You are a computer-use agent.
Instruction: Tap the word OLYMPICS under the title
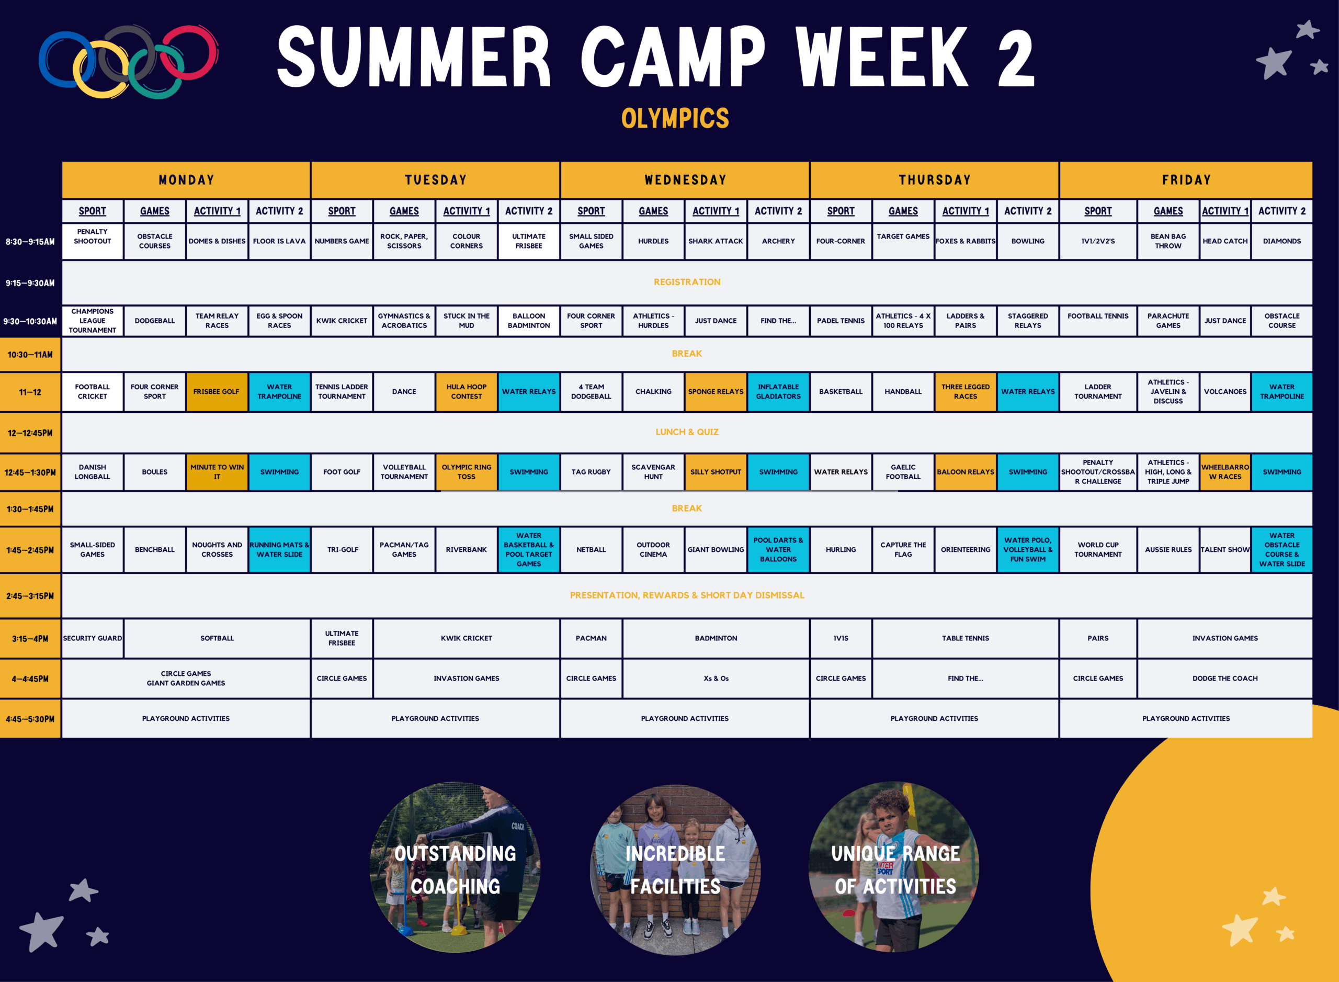pyautogui.click(x=675, y=118)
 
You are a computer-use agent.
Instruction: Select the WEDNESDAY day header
pyautogui.click(x=685, y=180)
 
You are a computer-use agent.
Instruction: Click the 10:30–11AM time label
pyautogui.click(x=30, y=355)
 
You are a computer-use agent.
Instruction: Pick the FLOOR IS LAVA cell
pyautogui.click(x=279, y=241)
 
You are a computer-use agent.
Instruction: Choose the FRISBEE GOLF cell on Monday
pyautogui.click(x=217, y=392)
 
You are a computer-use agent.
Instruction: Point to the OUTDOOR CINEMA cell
pyautogui.click(x=653, y=550)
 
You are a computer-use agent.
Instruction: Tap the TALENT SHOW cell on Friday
pyautogui.click(x=1225, y=550)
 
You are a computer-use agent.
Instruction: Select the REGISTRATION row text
pyautogui.click(x=687, y=282)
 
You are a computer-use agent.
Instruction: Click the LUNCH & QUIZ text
pyautogui.click(x=687, y=432)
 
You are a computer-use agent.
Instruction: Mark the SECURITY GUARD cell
pyautogui.click(x=92, y=638)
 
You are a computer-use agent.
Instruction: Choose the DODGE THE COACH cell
pyautogui.click(x=1225, y=678)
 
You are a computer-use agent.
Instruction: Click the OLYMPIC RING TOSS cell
pyautogui.click(x=467, y=472)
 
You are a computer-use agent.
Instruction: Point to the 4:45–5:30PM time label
pyautogui.click(x=30, y=719)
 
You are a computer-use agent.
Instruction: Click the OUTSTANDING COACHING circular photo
pyautogui.click(x=455, y=868)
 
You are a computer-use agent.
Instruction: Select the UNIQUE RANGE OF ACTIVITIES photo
pyautogui.click(x=894, y=868)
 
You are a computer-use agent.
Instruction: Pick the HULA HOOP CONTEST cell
pyautogui.click(x=467, y=392)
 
